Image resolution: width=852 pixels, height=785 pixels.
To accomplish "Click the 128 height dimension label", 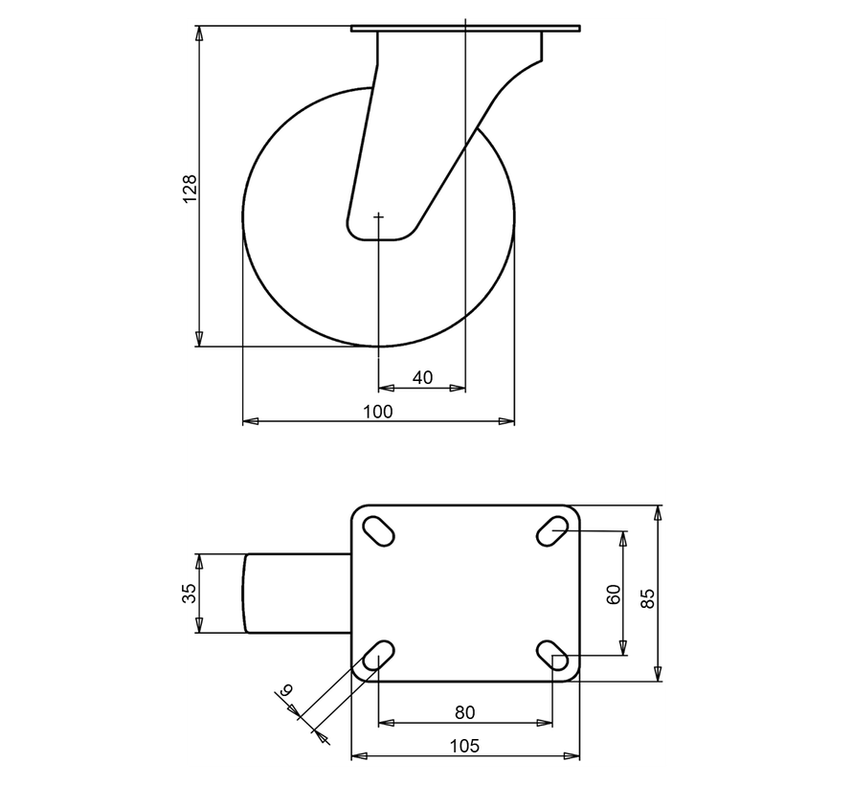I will coord(190,188).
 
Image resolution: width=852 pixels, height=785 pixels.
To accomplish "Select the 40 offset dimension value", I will coord(422,378).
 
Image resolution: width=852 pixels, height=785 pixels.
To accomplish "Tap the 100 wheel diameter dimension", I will coord(378,411).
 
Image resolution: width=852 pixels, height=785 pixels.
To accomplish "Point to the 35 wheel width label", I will coord(190,594).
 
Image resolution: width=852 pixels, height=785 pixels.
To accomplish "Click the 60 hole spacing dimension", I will coord(614,594).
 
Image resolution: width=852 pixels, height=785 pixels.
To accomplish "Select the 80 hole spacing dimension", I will coord(464,711).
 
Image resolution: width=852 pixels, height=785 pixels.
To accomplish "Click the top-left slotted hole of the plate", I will coord(378,530).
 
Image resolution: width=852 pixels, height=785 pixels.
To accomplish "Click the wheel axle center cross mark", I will coord(379,217).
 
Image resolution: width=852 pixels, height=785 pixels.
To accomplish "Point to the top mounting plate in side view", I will coord(465,30).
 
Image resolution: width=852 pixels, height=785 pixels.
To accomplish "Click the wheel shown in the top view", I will coord(297,594).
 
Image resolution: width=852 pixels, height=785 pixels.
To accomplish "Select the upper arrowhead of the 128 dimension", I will coord(199,34).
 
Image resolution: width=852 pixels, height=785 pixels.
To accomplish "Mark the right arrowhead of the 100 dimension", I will coord(507,420).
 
